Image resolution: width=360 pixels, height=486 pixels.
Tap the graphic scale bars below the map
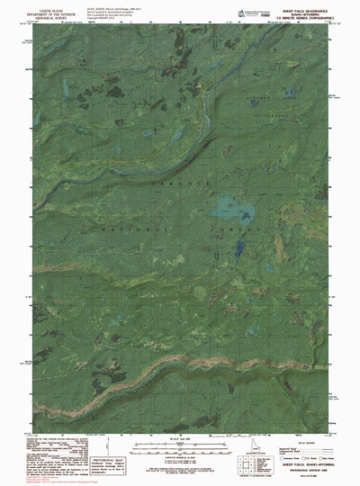click(179, 445)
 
